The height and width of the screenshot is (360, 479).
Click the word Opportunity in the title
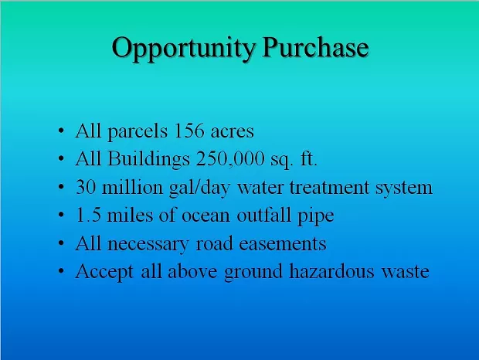point(184,48)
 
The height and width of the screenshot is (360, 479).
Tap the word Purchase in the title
point(315,47)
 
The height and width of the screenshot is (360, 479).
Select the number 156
point(189,131)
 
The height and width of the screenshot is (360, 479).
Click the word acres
point(233,132)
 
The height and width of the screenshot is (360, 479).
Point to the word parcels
point(138,132)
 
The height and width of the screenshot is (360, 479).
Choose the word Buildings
point(149,159)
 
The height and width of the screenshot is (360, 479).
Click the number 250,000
point(230,159)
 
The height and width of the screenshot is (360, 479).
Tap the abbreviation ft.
point(309,159)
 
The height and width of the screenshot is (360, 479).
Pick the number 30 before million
point(85,187)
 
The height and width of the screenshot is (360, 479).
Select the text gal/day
point(199,188)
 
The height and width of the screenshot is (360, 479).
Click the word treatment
point(329,188)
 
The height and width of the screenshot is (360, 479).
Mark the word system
point(404,188)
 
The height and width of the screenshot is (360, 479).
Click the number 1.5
point(88,215)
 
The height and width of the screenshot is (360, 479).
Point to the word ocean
point(206,216)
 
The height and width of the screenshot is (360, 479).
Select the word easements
point(283,244)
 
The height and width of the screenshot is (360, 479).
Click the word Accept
point(104,273)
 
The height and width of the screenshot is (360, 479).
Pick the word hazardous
point(331,271)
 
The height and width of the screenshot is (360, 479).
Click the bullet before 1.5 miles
point(61,215)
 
